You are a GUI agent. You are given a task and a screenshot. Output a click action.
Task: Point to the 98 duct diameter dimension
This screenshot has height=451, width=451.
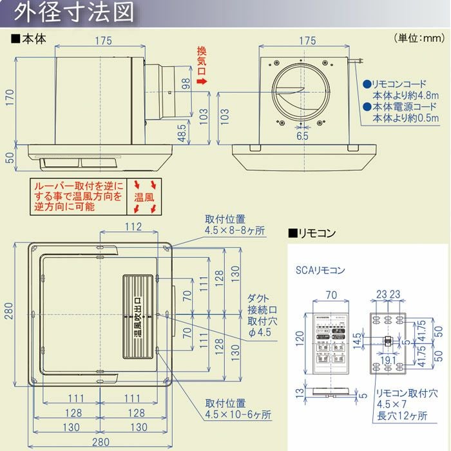pyautogui.click(x=186, y=83)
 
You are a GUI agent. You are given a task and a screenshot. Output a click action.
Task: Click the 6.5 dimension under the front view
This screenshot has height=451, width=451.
pyautogui.click(x=302, y=136)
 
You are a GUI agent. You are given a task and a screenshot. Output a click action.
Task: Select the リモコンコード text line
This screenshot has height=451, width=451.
pyautogui.click(x=399, y=84)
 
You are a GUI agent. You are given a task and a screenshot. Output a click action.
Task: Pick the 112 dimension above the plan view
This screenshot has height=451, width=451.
pyautogui.click(x=133, y=226)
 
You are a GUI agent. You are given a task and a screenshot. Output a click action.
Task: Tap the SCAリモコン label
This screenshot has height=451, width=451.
pyautogui.click(x=321, y=269)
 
